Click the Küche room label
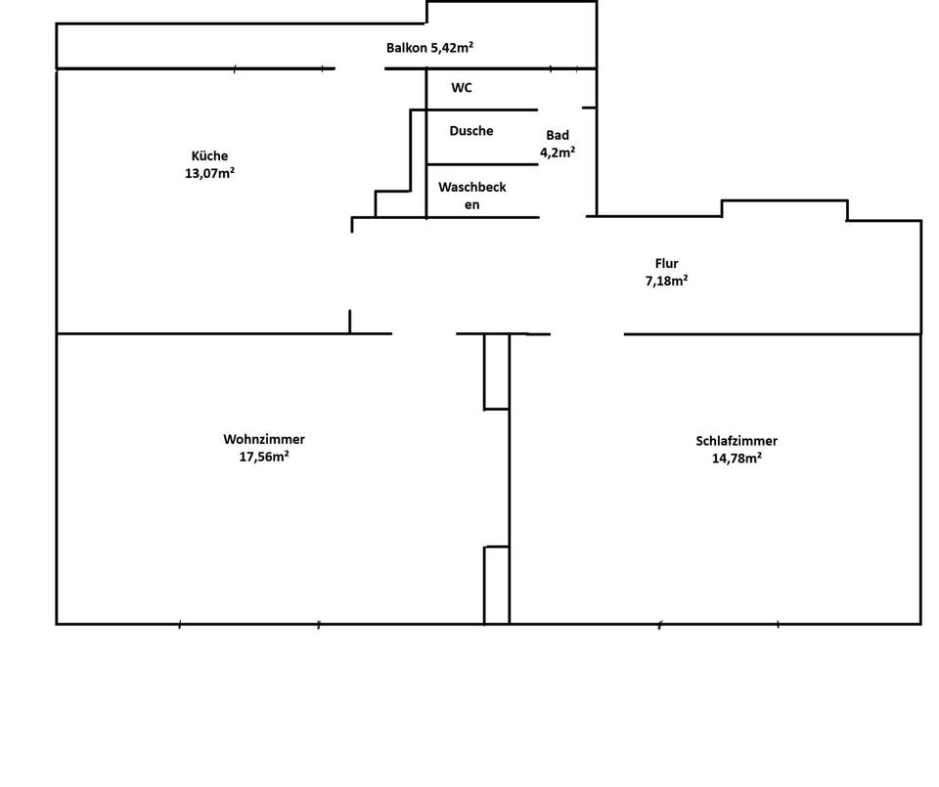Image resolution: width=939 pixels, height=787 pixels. [x=209, y=155]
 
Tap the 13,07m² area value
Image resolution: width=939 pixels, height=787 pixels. [x=209, y=174]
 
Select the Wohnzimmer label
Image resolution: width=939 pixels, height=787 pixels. [x=263, y=440]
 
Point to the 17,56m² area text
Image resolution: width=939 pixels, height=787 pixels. [x=263, y=457]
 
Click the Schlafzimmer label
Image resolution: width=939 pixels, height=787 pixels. [x=737, y=441]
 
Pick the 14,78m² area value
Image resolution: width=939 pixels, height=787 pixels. [x=737, y=458]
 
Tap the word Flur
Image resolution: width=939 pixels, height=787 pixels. [x=666, y=263]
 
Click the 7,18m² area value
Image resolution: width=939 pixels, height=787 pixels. [x=665, y=281]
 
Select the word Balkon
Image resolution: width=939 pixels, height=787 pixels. [x=407, y=47]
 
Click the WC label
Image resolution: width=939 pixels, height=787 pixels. [x=462, y=88]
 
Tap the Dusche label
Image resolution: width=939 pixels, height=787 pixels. [x=471, y=131]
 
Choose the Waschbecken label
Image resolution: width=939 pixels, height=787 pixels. [x=472, y=196]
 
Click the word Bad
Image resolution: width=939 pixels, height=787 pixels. [x=558, y=136]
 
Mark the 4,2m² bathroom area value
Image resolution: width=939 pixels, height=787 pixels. [x=558, y=153]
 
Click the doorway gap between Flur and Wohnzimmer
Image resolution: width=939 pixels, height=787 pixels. [x=425, y=333]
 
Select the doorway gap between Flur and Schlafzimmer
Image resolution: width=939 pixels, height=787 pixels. [x=587, y=333]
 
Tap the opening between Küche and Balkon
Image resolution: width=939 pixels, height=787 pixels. [x=359, y=68]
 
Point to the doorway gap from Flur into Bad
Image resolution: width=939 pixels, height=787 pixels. [x=562, y=216]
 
